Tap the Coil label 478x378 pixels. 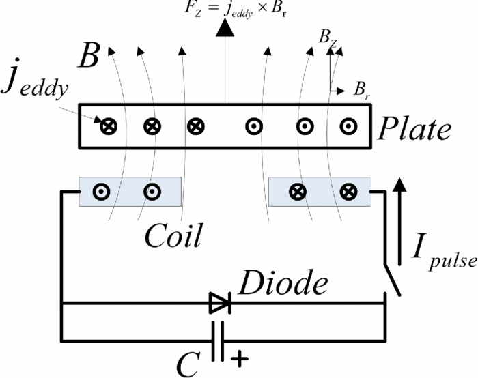point(173,236)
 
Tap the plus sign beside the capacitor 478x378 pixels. point(240,357)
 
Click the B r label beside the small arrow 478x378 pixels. point(361,89)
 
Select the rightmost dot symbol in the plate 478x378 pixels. point(348,126)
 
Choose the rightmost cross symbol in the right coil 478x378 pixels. point(348,192)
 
